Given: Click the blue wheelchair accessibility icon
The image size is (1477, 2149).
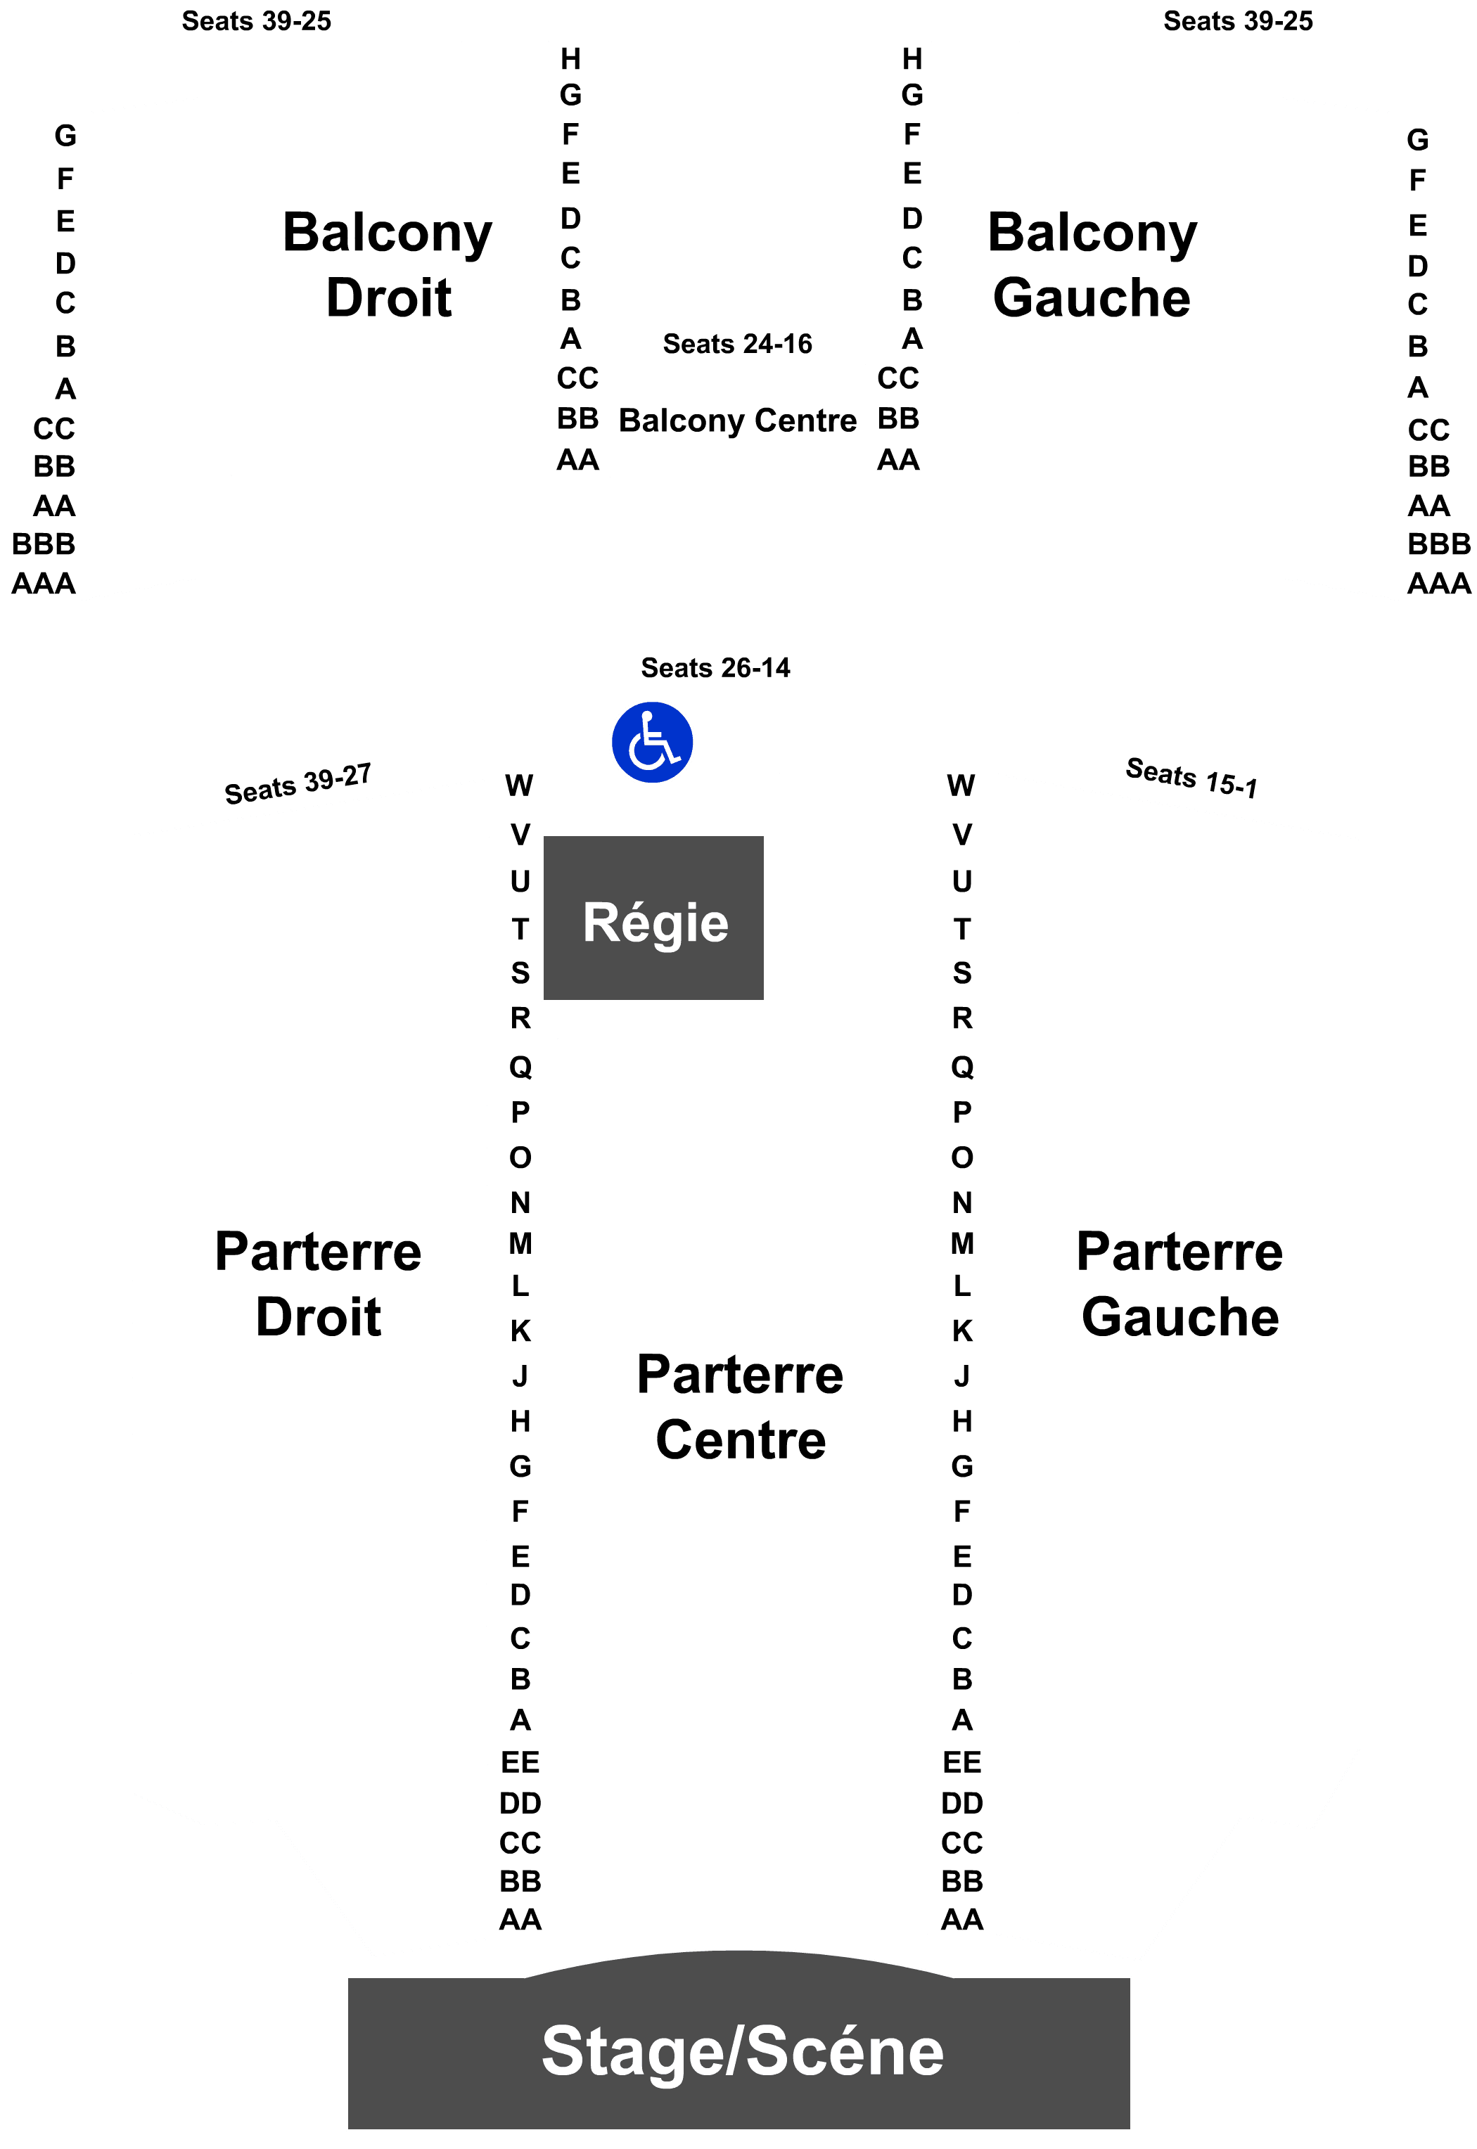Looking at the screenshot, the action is click(x=653, y=742).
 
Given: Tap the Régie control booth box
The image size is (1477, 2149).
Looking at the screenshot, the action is click(x=653, y=918).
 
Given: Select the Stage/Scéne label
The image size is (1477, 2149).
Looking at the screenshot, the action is click(x=742, y=2051).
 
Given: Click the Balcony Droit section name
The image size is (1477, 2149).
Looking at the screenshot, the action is click(x=388, y=264).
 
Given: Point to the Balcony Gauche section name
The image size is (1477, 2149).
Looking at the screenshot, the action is click(x=1092, y=264).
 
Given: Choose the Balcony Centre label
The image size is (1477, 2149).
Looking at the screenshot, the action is click(x=738, y=421).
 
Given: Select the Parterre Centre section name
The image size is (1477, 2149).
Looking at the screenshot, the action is click(x=741, y=1406).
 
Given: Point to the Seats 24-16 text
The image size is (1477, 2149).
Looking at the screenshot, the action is click(x=738, y=344).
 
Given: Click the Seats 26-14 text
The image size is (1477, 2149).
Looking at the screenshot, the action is click(x=715, y=668).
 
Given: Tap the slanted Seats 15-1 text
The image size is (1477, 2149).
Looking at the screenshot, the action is click(x=1191, y=778).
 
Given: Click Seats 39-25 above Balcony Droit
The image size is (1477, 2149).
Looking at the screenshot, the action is click(x=256, y=21).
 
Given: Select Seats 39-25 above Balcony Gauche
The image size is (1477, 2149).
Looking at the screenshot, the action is click(x=1239, y=21).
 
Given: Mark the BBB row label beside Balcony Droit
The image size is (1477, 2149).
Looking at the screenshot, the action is click(x=44, y=544).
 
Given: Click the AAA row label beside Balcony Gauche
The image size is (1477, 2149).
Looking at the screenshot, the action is click(x=1439, y=584).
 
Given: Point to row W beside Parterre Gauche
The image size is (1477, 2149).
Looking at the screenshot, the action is click(x=961, y=785).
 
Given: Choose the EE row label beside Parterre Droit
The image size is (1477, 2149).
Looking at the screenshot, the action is click(x=520, y=1762).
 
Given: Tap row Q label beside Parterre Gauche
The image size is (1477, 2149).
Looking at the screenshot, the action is click(x=962, y=1067).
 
